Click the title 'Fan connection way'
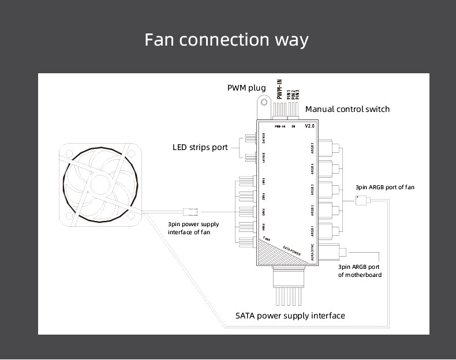point(226,40)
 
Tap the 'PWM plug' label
point(246,88)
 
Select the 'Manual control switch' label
point(347,109)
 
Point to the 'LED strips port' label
point(200,147)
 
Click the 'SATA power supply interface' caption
point(290,316)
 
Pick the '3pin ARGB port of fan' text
point(384,187)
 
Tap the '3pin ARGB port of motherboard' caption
point(360,271)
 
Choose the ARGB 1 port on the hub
point(324,231)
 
